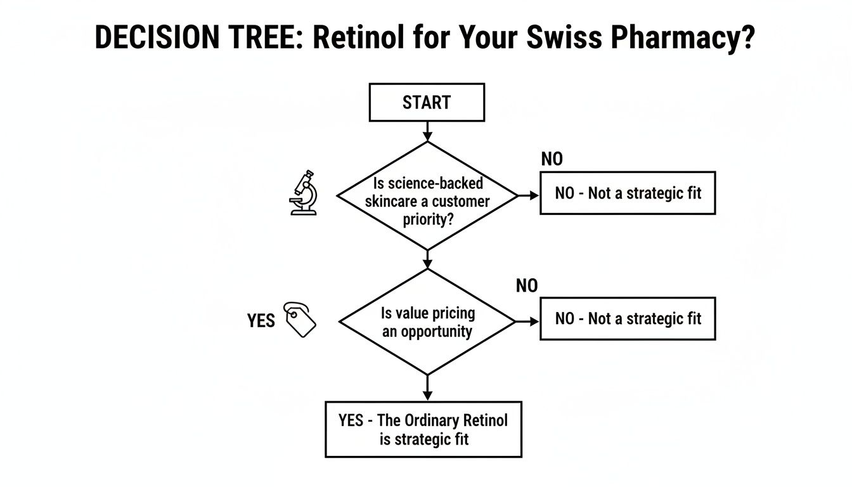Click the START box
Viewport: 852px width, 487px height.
427,102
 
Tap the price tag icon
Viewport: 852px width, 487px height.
300,319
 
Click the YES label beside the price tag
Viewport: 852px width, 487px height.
261,321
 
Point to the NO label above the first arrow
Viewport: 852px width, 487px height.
552,159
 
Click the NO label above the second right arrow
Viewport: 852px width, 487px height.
526,286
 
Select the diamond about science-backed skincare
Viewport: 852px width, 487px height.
427,196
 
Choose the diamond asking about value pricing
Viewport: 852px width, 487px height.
427,322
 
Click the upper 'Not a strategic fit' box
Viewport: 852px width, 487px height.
628,193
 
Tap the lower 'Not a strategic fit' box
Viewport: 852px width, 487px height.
628,318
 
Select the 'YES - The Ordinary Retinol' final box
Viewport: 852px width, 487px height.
423,429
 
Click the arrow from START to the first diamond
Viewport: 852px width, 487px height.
427,131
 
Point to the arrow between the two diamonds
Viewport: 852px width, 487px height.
427,259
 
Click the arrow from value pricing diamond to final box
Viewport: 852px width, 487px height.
427,387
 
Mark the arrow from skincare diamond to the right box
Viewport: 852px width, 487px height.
528,196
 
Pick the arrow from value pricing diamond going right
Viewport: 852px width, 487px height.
527,322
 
